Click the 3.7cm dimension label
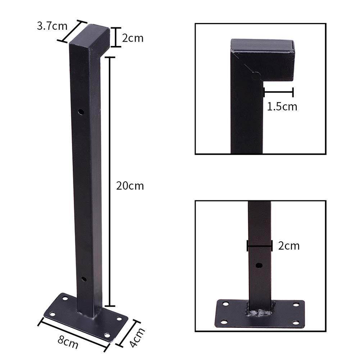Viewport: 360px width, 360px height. [52, 26]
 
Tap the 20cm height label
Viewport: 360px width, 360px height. [130, 186]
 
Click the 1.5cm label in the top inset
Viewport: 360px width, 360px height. [282, 107]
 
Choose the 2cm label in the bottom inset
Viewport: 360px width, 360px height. [289, 246]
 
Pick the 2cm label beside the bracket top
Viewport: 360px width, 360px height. [133, 38]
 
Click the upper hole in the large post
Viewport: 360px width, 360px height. [81, 112]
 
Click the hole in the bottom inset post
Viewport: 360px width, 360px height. [259, 266]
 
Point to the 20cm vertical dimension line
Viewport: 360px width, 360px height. [110, 180]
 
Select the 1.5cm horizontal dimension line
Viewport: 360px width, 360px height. [278, 92]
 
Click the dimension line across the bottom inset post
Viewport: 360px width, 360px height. [259, 246]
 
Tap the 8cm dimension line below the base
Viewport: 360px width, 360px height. [74, 333]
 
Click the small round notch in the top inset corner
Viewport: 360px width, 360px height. [256, 76]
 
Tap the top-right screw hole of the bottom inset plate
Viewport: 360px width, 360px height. [296, 305]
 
